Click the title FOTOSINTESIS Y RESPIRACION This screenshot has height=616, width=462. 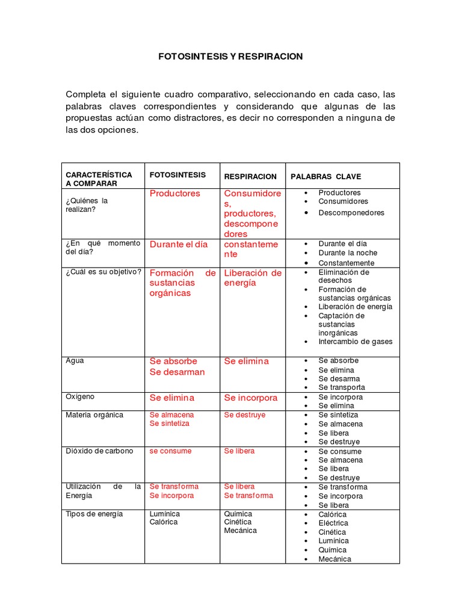click(x=230, y=57)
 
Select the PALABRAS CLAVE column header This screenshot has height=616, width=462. click(x=325, y=177)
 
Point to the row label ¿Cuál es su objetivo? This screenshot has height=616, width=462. click(x=103, y=272)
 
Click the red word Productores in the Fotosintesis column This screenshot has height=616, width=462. click(x=175, y=194)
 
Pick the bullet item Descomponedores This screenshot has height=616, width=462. click(x=351, y=212)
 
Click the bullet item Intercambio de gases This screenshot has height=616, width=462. click(x=355, y=342)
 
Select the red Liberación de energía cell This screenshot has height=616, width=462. click(x=253, y=278)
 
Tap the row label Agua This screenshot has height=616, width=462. click(x=75, y=361)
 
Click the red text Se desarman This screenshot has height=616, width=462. click(x=177, y=372)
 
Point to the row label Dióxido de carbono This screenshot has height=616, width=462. click(x=99, y=451)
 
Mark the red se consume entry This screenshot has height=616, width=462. click(x=170, y=451)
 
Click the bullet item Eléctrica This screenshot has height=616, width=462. click(x=333, y=523)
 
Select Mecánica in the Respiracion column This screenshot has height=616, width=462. click(x=240, y=531)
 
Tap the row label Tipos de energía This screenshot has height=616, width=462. click(x=94, y=514)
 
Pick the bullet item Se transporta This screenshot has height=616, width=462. click(x=342, y=387)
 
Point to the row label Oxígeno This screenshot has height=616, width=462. click(x=80, y=397)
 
